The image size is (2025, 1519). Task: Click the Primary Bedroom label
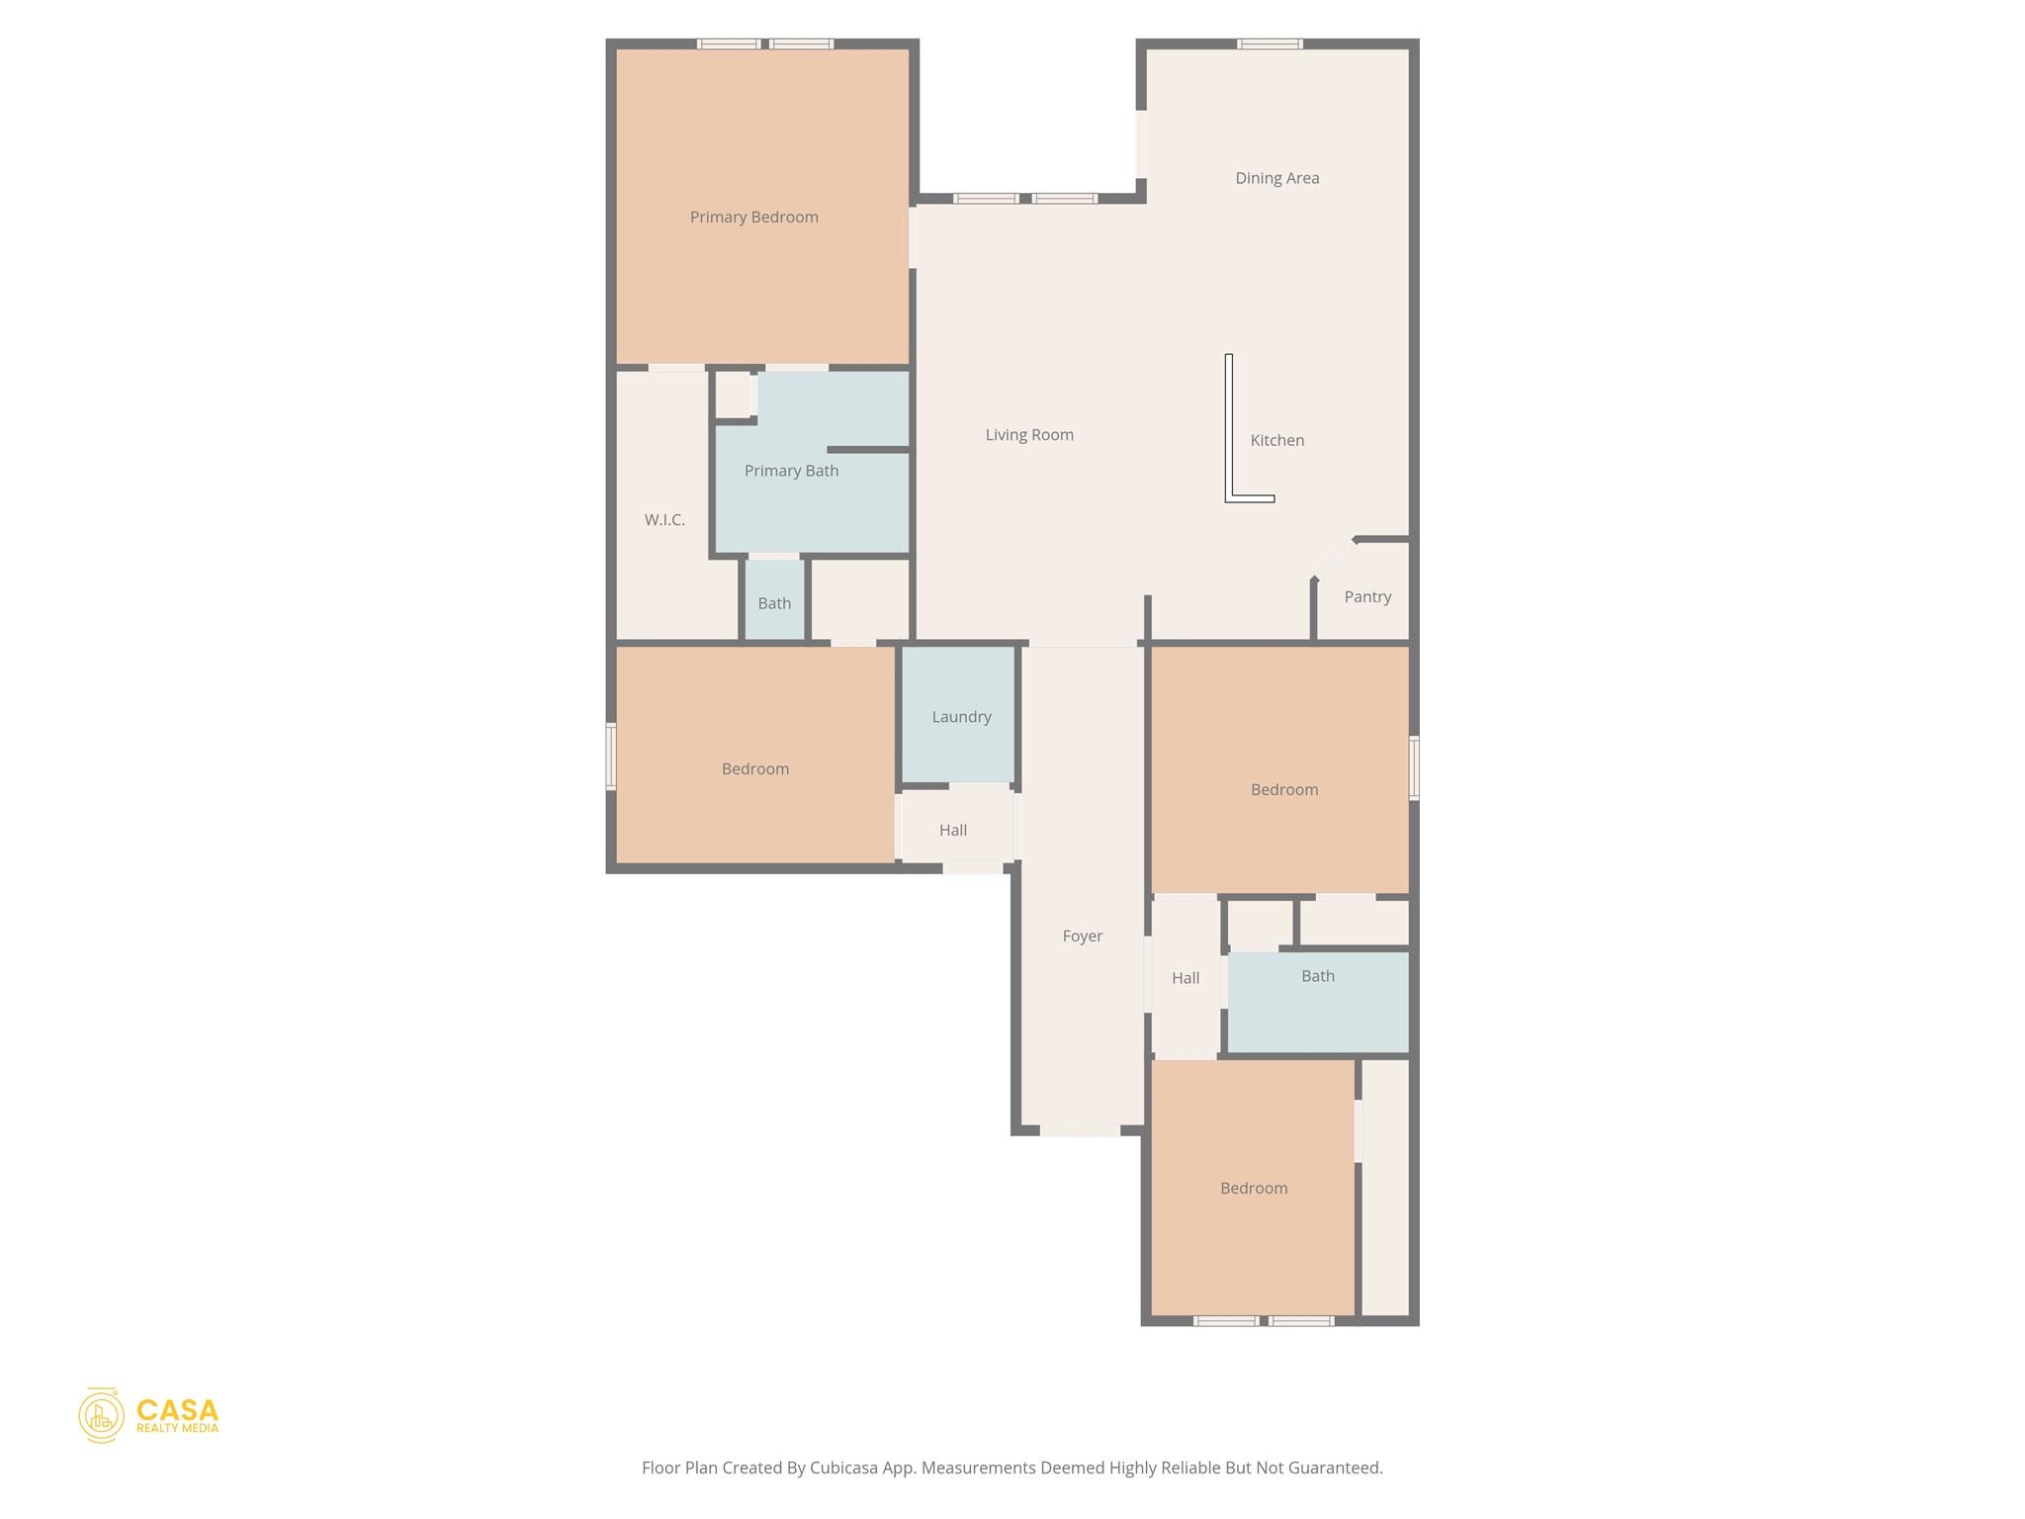753,218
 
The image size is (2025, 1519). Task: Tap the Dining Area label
1277,178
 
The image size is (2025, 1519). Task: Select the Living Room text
1028,435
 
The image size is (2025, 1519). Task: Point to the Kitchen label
1277,440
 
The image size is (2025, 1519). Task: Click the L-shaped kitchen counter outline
1230,435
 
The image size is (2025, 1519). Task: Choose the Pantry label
1367,596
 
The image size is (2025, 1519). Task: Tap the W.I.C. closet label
664,519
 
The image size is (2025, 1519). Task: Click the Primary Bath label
791,471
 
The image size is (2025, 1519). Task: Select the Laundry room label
961,717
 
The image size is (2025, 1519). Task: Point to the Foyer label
1082,936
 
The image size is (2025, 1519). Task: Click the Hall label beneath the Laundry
953,830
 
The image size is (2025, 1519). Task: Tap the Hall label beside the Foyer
1185,978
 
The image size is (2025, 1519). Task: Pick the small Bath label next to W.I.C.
774,603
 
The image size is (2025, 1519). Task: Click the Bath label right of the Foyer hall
1317,976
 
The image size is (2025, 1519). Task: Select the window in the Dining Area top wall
1270,44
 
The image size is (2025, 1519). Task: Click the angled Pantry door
1334,559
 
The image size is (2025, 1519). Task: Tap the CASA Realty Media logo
148,1414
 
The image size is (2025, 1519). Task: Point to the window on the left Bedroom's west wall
611,757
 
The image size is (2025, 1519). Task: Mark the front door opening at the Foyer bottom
1080,1130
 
